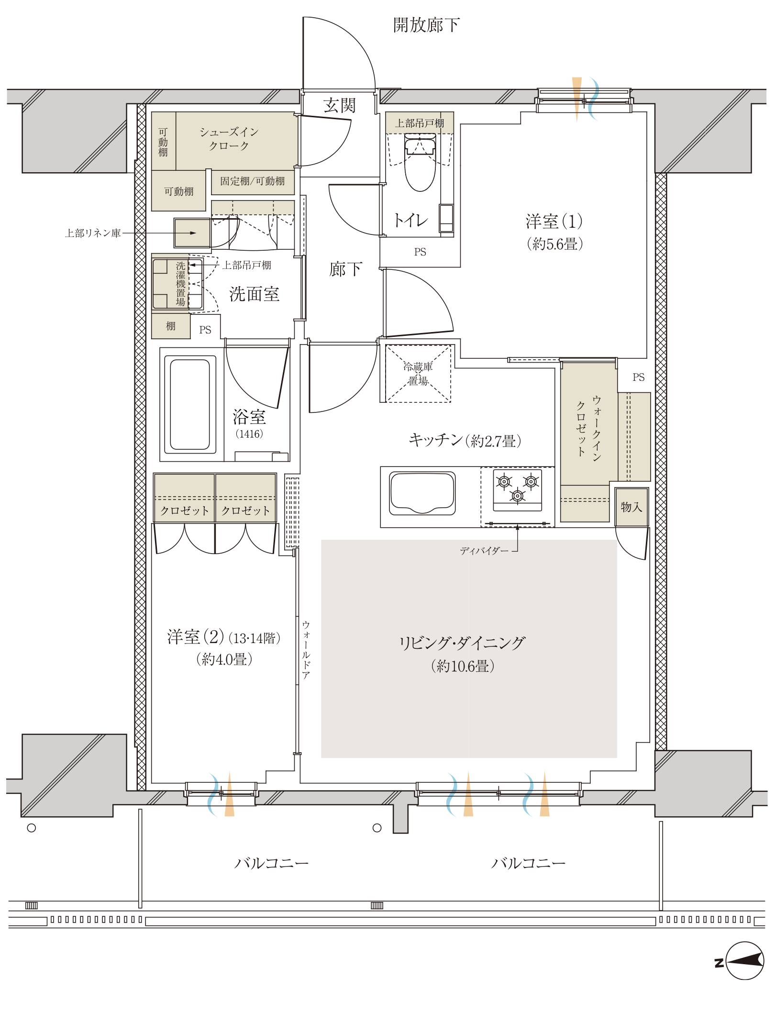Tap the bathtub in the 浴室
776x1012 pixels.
tap(190, 404)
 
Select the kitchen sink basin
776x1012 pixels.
tap(422, 493)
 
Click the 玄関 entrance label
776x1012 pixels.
tap(339, 105)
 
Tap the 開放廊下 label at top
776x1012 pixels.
tap(426, 25)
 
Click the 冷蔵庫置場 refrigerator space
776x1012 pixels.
tap(418, 374)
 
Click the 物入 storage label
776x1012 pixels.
tap(632, 507)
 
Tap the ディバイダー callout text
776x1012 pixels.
tap(484, 551)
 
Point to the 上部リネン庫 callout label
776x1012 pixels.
tap(93, 233)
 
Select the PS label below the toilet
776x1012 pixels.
tap(420, 252)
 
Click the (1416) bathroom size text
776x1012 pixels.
tap(249, 434)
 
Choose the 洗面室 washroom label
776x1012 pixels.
tap(254, 294)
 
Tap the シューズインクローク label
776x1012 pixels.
tap(229, 139)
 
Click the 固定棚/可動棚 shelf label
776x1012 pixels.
tap(252, 181)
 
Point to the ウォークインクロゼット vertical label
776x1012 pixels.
tap(588, 428)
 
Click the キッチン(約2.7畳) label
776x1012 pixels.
tap(465, 440)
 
